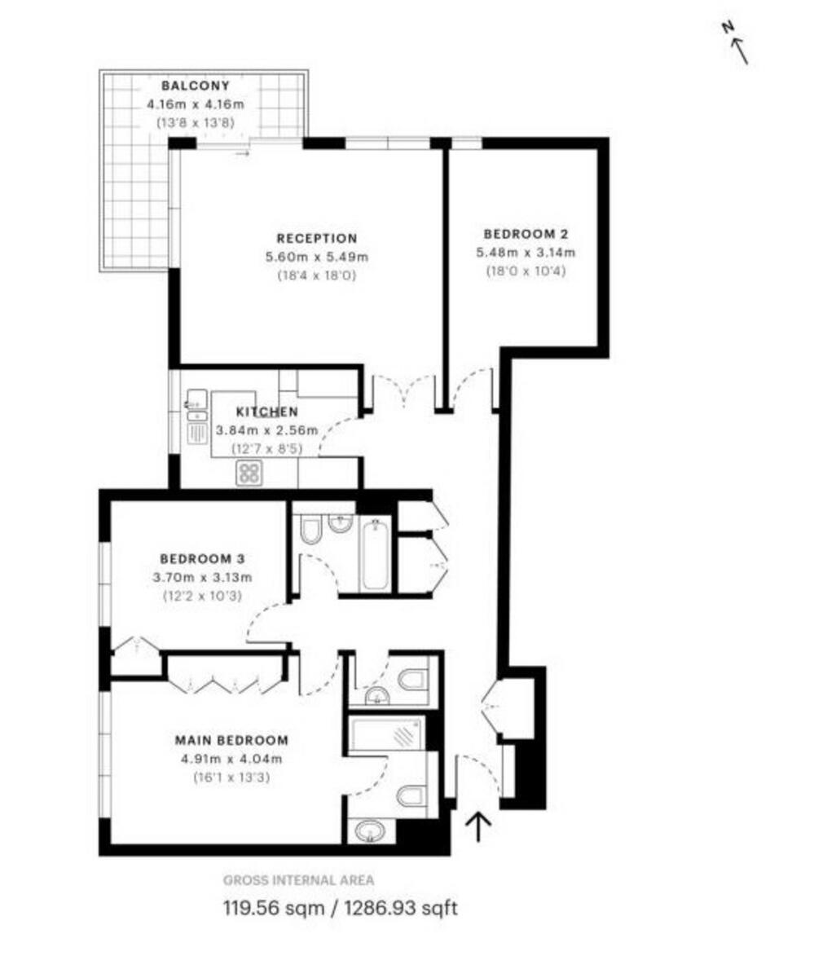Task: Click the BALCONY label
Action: coord(195,86)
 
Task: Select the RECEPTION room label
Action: coord(316,239)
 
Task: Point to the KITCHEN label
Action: coord(267,412)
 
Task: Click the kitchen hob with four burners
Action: coord(249,473)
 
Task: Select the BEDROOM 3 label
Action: coord(202,559)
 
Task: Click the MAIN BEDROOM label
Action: coord(231,741)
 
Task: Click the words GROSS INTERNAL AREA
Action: coord(299,879)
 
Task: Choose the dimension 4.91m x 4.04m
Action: coord(231,760)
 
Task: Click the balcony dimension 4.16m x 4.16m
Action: coord(196,104)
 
